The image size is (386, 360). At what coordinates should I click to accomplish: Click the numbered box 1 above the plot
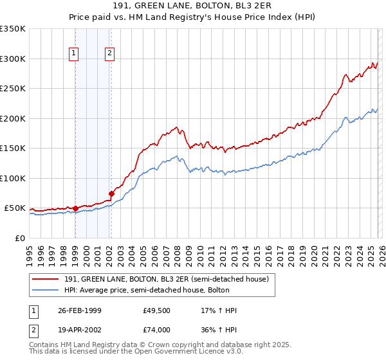point(75,53)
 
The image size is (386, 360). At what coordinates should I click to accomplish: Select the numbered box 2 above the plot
point(110,53)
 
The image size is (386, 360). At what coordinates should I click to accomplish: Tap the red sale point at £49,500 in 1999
point(75,208)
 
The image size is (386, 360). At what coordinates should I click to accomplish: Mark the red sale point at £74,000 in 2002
point(111,194)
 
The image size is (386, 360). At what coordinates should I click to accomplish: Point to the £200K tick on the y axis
point(13,118)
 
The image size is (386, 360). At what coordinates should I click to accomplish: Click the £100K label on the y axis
point(13,178)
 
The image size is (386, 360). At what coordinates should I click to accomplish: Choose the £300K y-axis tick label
point(13,59)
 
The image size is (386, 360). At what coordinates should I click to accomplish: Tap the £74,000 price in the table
point(157,329)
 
